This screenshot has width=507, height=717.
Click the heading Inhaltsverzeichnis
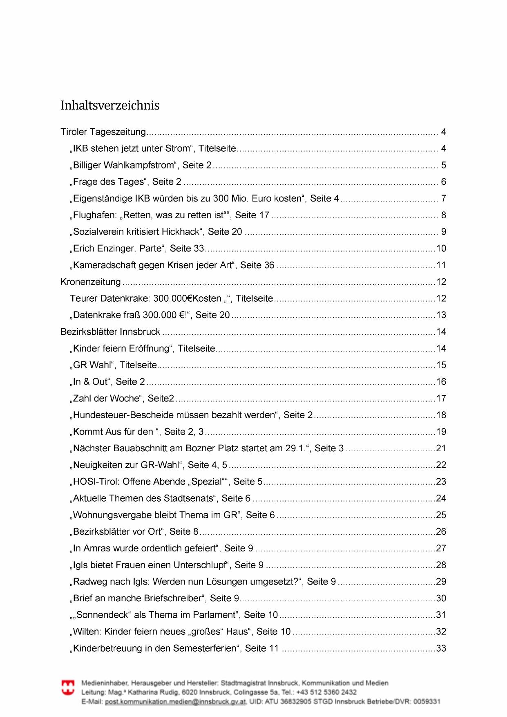[110, 105]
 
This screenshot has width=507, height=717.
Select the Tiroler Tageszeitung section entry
[103, 132]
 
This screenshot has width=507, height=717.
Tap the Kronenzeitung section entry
[91, 282]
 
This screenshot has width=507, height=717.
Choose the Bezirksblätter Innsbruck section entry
[110, 332]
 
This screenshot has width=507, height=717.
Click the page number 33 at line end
[441, 648]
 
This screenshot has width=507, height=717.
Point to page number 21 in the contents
[441, 448]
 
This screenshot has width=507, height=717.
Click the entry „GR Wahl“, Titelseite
[114, 365]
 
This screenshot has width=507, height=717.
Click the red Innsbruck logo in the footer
[68, 687]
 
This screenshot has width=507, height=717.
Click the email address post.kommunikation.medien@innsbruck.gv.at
[175, 701]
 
